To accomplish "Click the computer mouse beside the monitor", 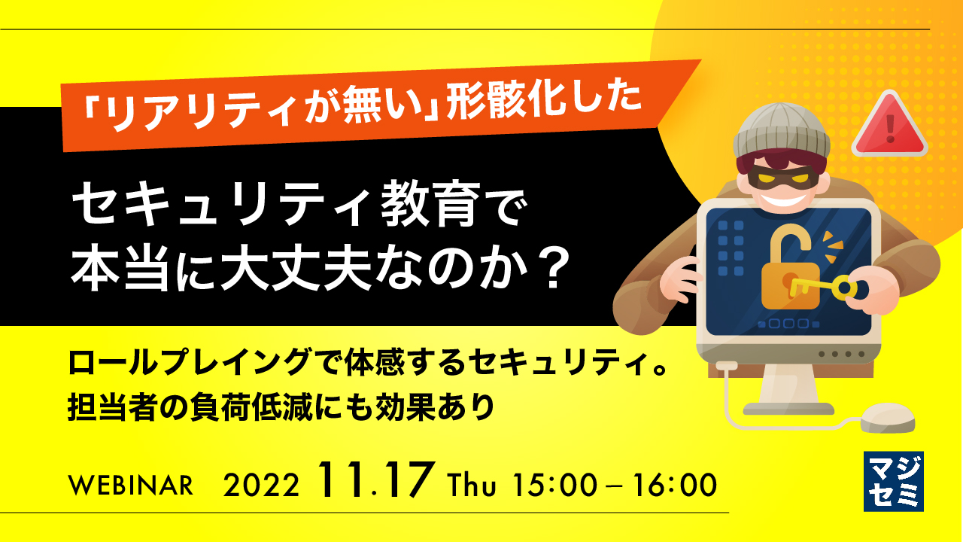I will (x=887, y=416).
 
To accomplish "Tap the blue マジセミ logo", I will (x=893, y=481).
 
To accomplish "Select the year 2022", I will (x=262, y=486).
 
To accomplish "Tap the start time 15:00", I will (x=553, y=485).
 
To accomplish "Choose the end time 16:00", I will (x=669, y=485).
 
